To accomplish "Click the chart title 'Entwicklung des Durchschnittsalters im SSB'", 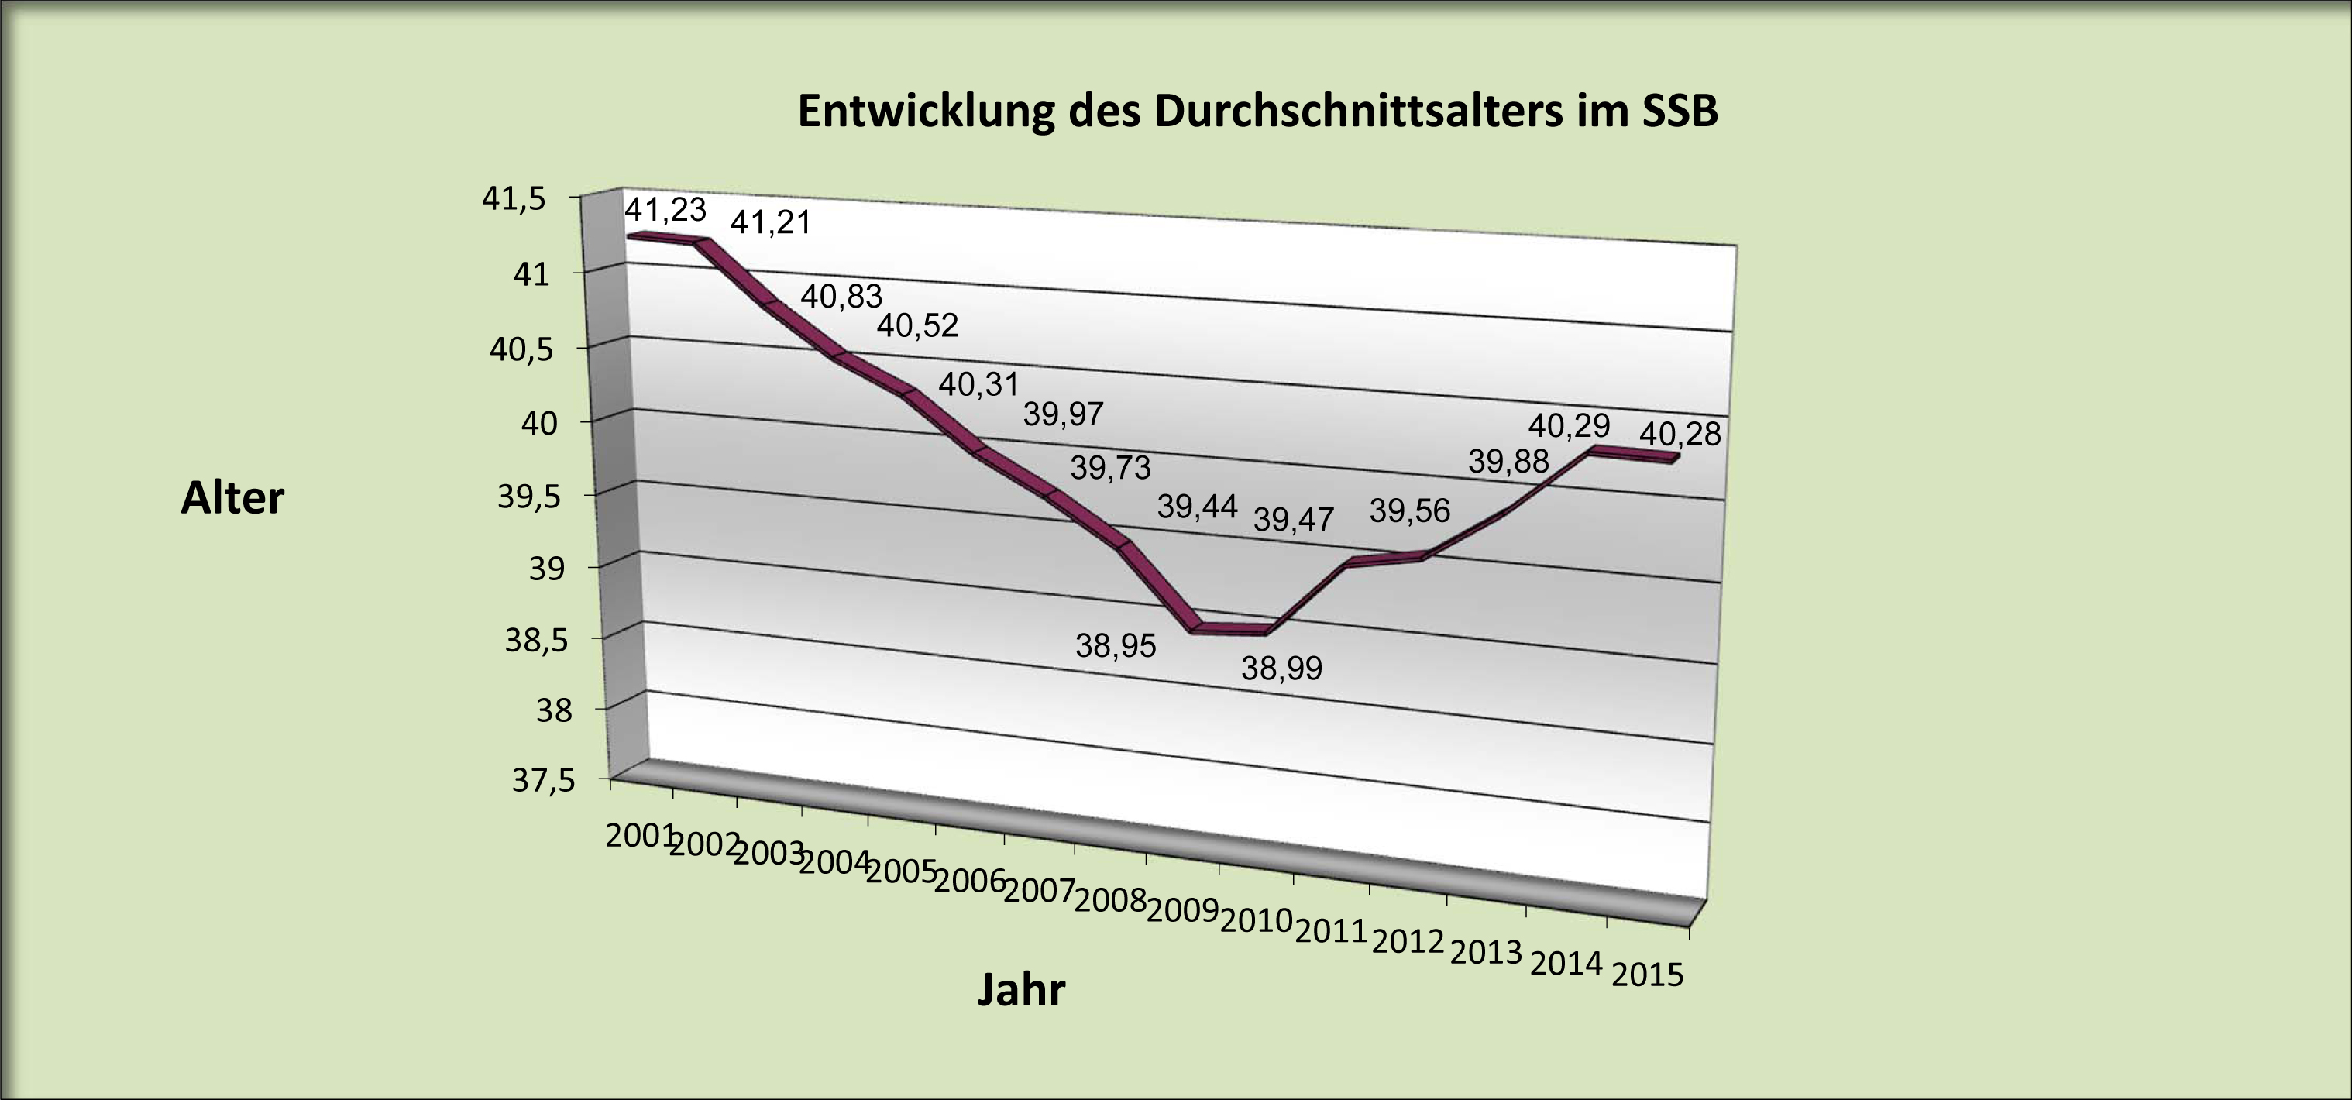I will pyautogui.click(x=1257, y=112).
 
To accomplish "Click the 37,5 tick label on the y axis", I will pyautogui.click(x=544, y=782).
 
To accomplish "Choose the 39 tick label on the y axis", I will pyautogui.click(x=548, y=569).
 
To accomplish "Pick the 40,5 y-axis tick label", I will pyautogui.click(x=521, y=349).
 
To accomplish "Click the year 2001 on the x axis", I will pyautogui.click(x=639, y=835).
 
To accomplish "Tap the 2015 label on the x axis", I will pyautogui.click(x=1647, y=976).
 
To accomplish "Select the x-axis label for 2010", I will pyautogui.click(x=1256, y=921).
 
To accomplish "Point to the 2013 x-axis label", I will pyautogui.click(x=1486, y=953).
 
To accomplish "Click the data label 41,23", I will pyautogui.click(x=665, y=210).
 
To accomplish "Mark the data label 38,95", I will pyautogui.click(x=1115, y=646).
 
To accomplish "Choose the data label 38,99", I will pyautogui.click(x=1281, y=669).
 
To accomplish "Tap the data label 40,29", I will pyautogui.click(x=1569, y=425).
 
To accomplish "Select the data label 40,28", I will pyautogui.click(x=1680, y=435).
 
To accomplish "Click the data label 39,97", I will pyautogui.click(x=1063, y=415).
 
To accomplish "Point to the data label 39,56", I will pyautogui.click(x=1409, y=511).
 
